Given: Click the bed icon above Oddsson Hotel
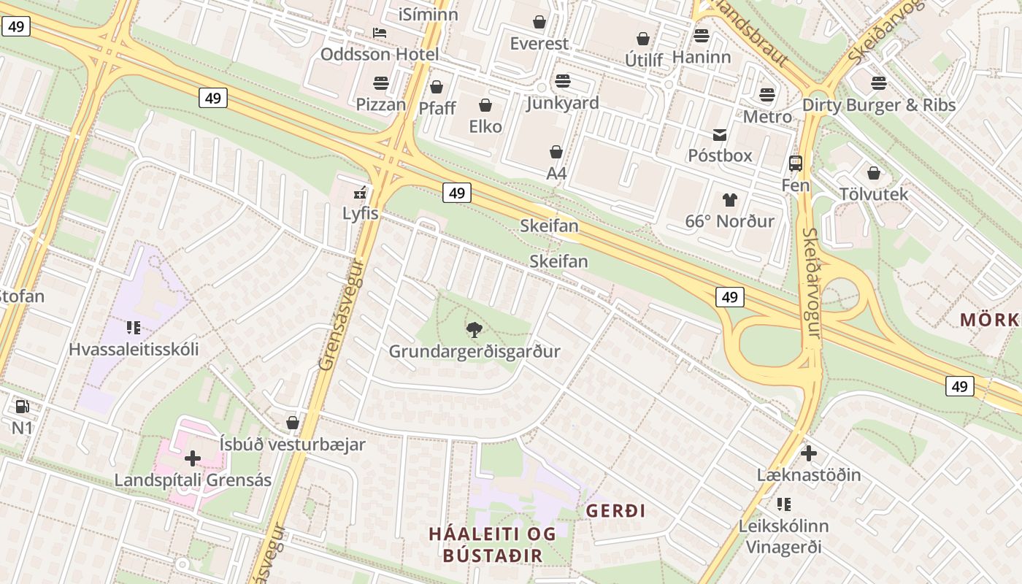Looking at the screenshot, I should pos(380,33).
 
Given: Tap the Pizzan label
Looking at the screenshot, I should pos(380,104).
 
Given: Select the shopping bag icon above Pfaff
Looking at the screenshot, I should pos(437,88).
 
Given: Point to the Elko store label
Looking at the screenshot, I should pos(485,126).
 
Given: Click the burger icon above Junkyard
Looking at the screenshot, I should pos(562,81).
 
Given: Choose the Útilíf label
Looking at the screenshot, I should pos(644,60).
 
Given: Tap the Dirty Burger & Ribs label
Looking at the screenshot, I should pos(878,105).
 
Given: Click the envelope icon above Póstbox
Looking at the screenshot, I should pos(720,135).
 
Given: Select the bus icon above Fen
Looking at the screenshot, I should pos(796,164).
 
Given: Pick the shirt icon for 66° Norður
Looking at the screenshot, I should pos(729,200).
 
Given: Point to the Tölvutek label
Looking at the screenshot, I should pos(873,194).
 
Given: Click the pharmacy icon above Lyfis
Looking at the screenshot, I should pos(360,193).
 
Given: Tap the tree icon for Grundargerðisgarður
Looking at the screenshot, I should pos(474,330).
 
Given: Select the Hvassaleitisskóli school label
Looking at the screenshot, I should pos(134,349).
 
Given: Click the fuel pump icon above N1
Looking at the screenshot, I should pos(22,407).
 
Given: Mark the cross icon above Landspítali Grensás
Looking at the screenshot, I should pos(193,458).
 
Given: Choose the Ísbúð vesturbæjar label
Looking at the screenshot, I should pos(293,444).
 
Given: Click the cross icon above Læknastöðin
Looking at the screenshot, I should pos(808,453).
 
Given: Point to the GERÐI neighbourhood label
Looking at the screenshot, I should pos(615,511).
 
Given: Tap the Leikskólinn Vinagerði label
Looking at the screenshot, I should pos(783,537).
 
